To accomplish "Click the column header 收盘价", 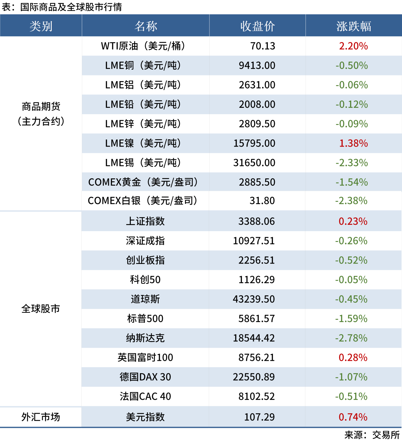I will [257, 26].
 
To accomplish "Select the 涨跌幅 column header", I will [353, 26].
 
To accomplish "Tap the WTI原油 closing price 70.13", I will [263, 46].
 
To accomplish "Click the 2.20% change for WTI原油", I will [353, 46].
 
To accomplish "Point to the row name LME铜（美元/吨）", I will [143, 65].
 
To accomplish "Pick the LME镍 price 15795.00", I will [254, 143].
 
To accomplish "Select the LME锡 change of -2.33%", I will [352, 163].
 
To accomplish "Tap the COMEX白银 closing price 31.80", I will [262, 201].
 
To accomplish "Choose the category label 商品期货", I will [41, 107].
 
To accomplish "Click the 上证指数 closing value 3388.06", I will [256, 221].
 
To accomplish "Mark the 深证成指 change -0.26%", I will [351, 241].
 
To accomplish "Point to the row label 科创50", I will [145, 280].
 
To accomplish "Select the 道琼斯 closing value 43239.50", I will [254, 299].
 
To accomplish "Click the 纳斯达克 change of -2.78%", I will [351, 338].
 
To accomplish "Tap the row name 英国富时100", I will [145, 358].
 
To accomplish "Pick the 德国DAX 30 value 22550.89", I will [254, 377].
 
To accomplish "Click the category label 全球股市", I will [41, 309].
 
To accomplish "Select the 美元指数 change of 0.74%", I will [353, 417].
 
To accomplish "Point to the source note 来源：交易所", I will [372, 435].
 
